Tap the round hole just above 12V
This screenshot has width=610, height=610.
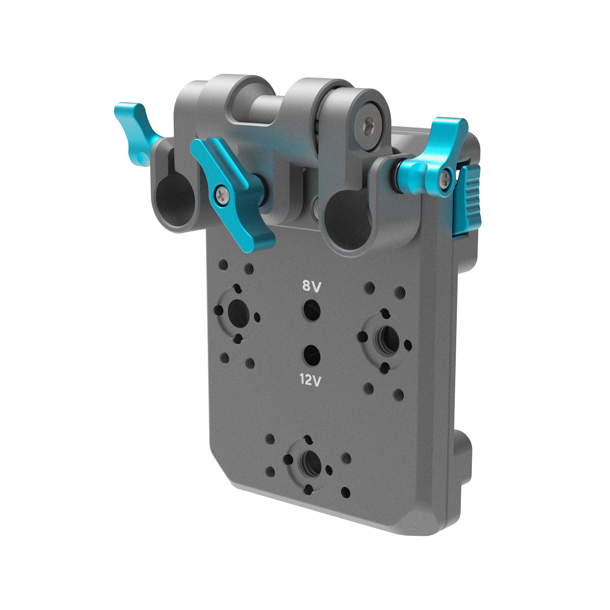(x=312, y=355)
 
